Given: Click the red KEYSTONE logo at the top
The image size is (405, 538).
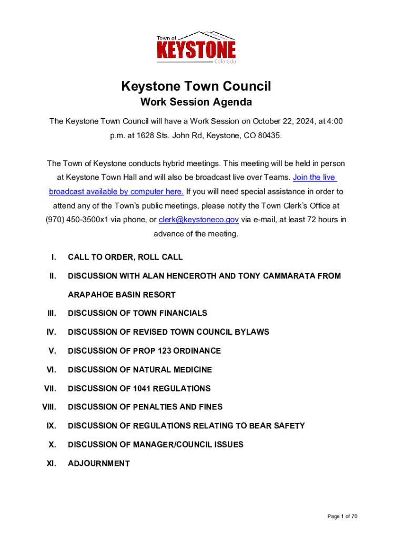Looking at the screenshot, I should point(196,50).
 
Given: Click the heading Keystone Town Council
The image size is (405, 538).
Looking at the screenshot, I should point(196,86).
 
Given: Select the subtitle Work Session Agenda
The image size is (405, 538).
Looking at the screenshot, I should point(196,102).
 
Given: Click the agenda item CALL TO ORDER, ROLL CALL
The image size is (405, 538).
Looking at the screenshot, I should point(125,257).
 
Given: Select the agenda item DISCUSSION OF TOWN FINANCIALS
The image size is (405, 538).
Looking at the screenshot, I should point(137,313).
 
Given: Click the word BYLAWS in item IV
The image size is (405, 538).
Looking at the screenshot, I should point(251,332).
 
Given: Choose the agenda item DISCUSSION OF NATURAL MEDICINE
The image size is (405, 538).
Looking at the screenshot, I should point(140,370).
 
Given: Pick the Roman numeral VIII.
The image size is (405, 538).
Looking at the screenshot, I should point(49,407).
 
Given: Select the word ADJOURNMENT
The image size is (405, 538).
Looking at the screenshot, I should point(99,463).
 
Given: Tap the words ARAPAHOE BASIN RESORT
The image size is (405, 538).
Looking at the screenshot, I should point(121,295).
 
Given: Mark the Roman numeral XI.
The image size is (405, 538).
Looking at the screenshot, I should point(52,463).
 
